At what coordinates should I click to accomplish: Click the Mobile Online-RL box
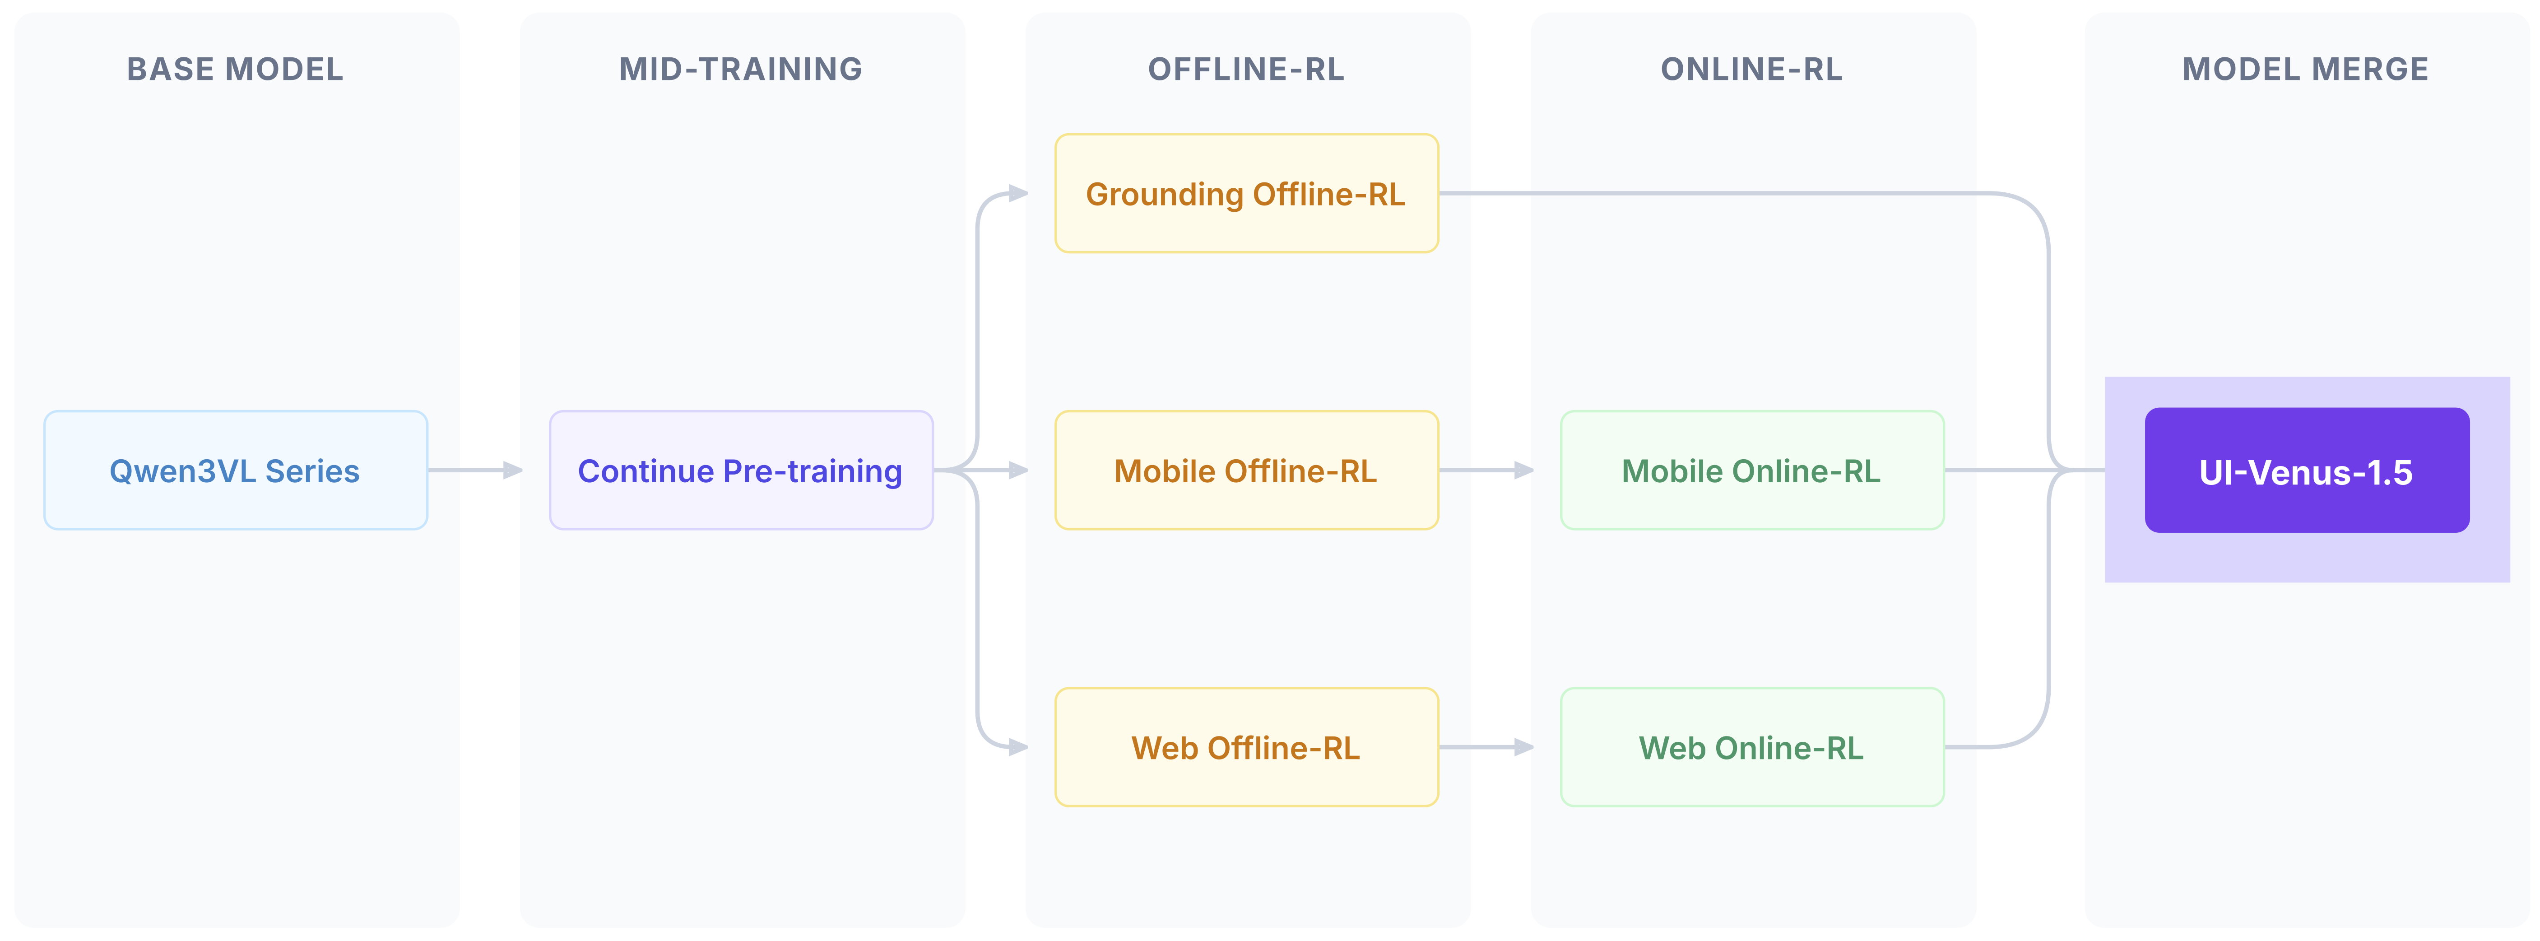coord(1751,470)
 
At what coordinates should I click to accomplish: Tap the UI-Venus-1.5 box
coord(2306,470)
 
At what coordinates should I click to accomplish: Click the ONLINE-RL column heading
coord(1751,69)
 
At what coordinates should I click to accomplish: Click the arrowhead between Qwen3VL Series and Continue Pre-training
coord(513,470)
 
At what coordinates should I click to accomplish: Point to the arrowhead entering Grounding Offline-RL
coord(1018,193)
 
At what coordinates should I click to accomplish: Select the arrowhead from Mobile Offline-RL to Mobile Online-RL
coord(1524,470)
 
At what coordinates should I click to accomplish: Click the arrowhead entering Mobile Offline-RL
coord(1018,470)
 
